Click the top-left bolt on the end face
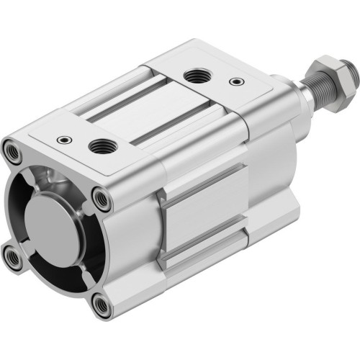(x=13, y=152)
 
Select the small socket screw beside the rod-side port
(x=235, y=82)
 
